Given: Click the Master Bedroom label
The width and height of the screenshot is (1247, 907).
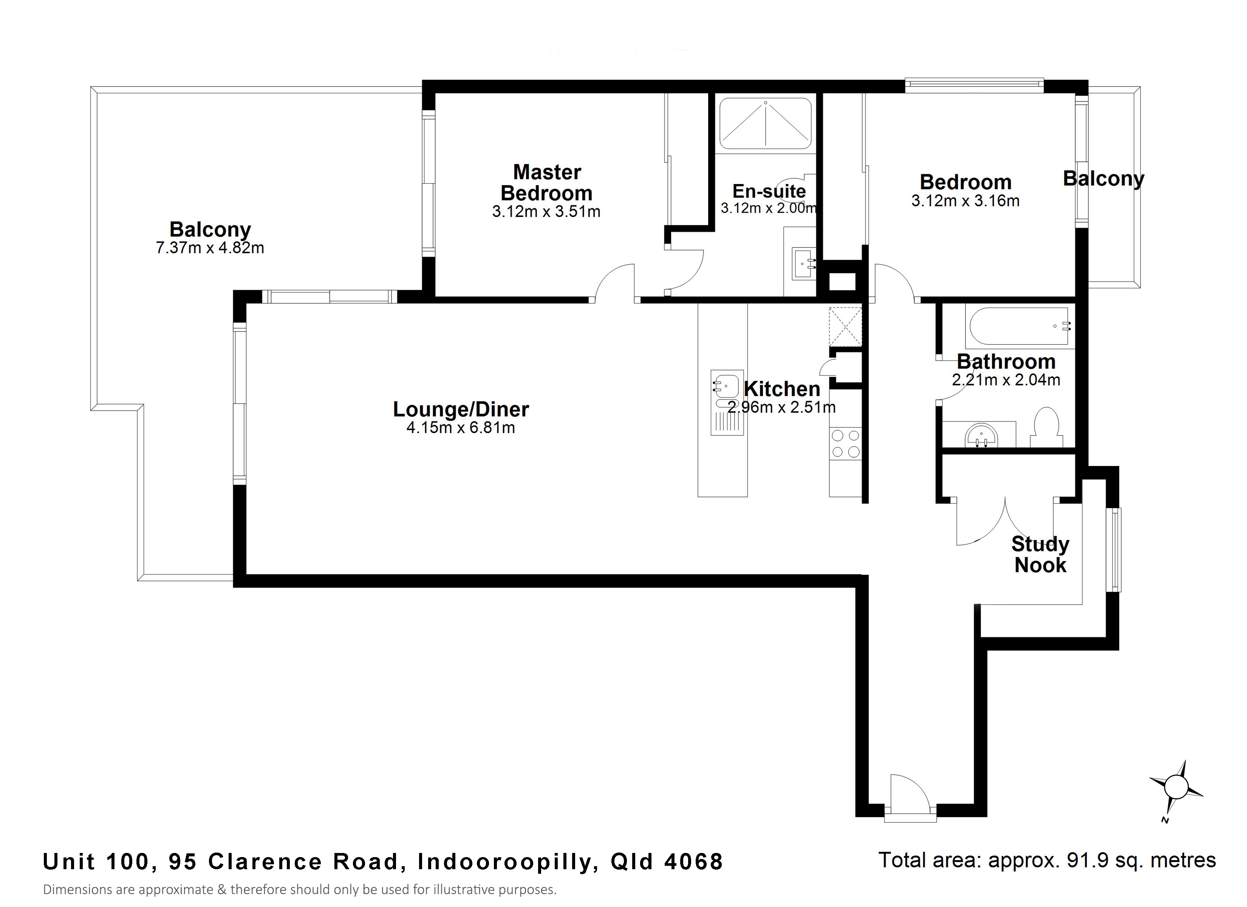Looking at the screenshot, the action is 546,183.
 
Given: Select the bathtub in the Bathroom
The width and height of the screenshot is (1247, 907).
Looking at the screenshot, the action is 1020,327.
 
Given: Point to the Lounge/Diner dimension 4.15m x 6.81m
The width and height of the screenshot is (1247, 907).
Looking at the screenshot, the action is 461,427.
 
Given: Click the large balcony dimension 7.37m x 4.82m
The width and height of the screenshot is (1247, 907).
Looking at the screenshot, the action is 210,248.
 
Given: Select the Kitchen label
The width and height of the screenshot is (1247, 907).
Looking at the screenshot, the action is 782,389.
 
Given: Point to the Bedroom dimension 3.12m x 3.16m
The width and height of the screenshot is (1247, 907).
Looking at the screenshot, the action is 965,201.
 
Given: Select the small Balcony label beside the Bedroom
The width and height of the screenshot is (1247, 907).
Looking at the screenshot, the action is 1103,179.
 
